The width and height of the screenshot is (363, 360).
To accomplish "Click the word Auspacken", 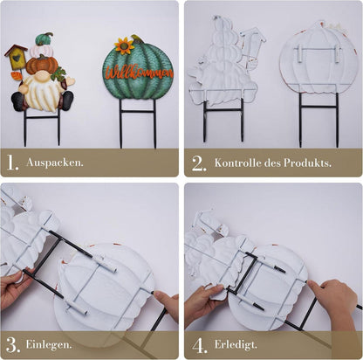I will (55, 163).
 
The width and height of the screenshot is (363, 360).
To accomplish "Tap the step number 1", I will (14, 162).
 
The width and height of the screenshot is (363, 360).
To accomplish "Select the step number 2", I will (198, 162).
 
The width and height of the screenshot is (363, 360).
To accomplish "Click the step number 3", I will (14, 343).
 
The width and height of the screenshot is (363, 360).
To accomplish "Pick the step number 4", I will (198, 343).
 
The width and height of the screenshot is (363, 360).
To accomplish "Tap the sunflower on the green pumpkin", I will (123, 45).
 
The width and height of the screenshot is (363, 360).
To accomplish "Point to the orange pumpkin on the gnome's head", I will (42, 64).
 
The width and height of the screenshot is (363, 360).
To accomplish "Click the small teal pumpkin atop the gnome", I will (44, 39).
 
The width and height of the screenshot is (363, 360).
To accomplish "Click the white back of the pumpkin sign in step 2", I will (318, 66).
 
